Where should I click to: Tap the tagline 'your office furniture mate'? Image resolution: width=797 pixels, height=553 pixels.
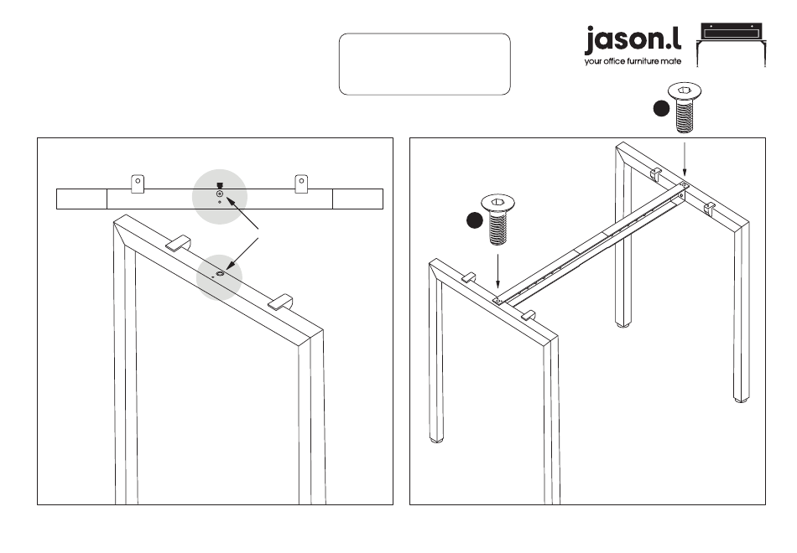pyautogui.click(x=633, y=61)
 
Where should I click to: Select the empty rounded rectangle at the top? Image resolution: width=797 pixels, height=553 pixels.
pyautogui.click(x=425, y=64)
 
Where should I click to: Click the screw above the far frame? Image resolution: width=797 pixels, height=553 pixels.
pyautogui.click(x=685, y=108)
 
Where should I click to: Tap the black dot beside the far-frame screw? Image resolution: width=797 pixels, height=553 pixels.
pyautogui.click(x=662, y=108)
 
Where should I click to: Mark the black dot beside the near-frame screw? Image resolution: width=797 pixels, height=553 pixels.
pyautogui.click(x=475, y=220)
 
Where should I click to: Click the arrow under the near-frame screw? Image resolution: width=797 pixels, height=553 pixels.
pyautogui.click(x=497, y=271)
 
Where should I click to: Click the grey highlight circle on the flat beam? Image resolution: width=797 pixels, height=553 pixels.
pyautogui.click(x=220, y=194)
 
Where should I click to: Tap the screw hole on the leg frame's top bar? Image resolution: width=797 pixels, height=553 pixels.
pyautogui.click(x=220, y=273)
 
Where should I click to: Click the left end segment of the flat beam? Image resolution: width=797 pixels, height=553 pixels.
pyautogui.click(x=81, y=199)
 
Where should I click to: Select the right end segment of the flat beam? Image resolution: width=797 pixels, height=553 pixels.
pyautogui.click(x=358, y=199)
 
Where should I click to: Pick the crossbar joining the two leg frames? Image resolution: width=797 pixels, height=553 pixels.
pyautogui.click(x=587, y=243)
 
